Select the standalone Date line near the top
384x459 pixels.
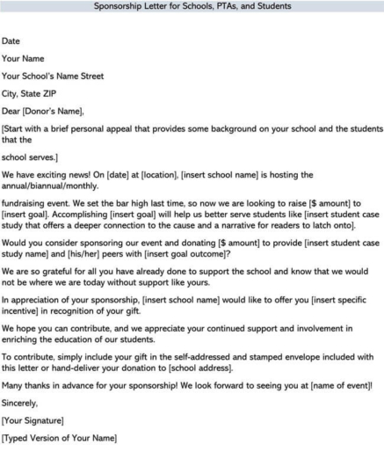pyautogui.click(x=12, y=40)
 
